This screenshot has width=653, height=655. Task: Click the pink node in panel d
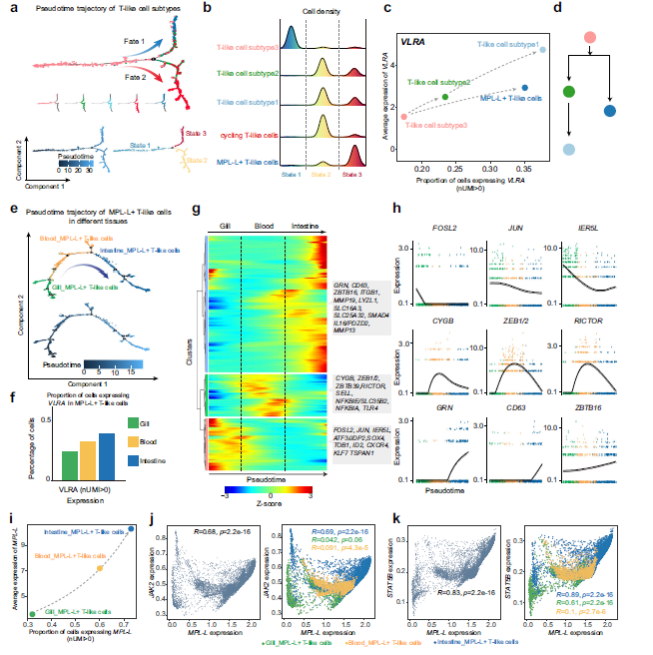point(590,37)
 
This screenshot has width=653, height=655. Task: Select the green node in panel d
point(569,92)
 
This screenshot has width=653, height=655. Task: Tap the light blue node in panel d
point(569,149)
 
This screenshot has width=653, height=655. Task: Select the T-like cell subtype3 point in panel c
point(403,117)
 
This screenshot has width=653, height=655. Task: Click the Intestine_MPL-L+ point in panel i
point(132,529)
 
